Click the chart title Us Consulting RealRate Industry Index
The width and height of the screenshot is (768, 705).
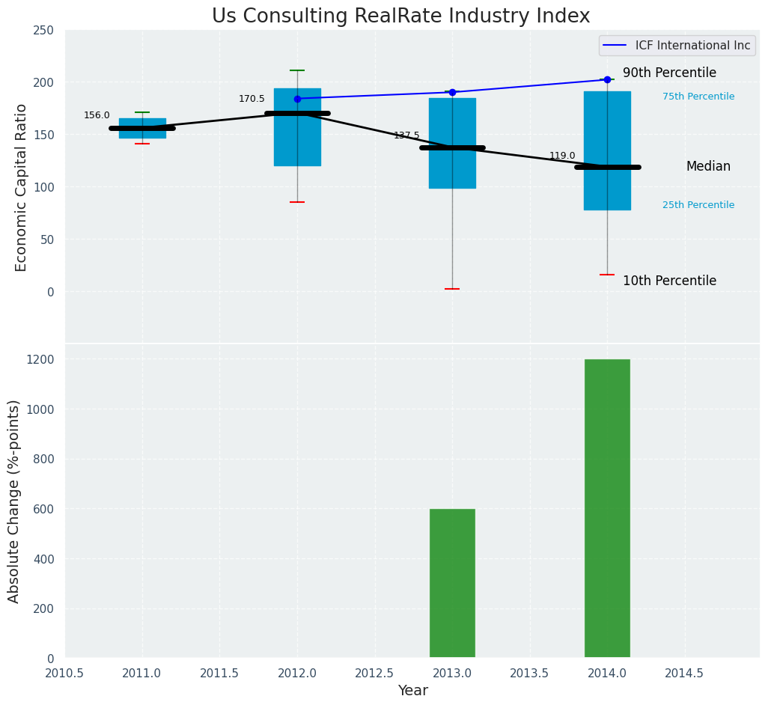[400, 16]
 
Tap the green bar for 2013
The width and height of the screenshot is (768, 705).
[452, 584]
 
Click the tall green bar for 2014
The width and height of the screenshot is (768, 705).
[607, 509]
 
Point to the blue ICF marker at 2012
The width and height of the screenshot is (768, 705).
[297, 99]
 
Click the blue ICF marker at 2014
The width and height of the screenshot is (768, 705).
[607, 79]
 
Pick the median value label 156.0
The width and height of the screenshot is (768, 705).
[97, 116]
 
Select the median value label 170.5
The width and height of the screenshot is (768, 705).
[252, 100]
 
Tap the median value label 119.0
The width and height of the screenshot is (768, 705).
[562, 156]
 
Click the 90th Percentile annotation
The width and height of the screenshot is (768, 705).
[669, 73]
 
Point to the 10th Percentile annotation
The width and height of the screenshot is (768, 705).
[669, 281]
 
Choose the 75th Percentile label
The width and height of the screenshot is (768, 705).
[698, 97]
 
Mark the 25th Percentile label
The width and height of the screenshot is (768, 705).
[698, 206]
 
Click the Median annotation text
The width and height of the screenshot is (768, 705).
[708, 167]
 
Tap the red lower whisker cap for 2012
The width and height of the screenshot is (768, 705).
[297, 202]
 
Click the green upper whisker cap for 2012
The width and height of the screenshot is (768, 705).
[297, 70]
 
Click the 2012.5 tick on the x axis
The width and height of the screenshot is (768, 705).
[374, 674]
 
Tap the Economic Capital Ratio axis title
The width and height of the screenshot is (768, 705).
[21, 187]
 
